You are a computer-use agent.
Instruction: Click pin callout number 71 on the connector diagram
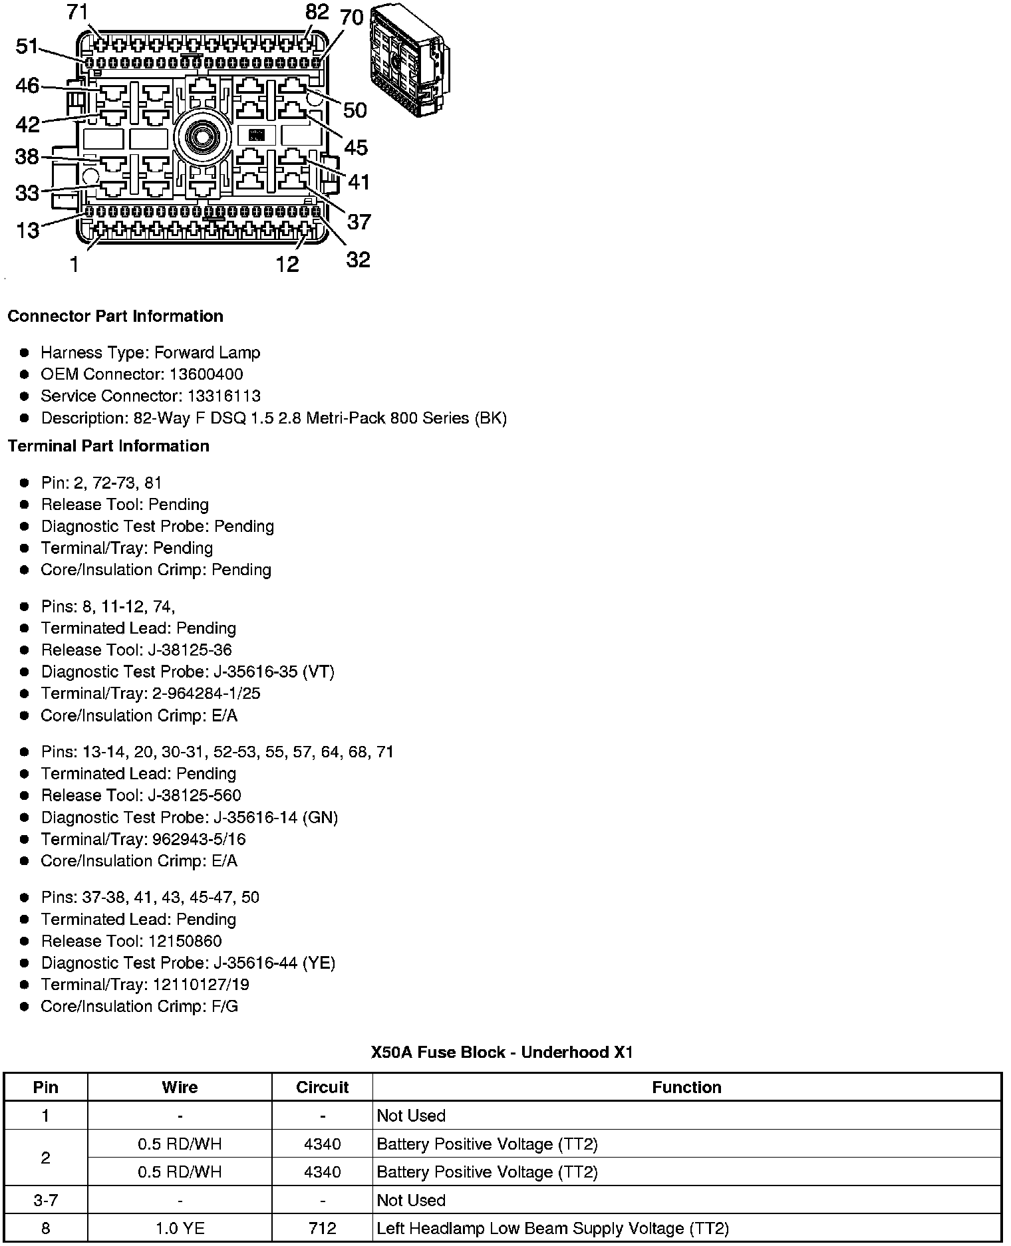[78, 12]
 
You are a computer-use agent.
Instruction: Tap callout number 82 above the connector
[317, 12]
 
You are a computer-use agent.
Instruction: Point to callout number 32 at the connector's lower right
[358, 259]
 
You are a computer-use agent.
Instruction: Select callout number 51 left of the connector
[27, 47]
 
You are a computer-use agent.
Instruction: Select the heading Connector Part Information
[115, 316]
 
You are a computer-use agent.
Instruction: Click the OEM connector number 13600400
[206, 374]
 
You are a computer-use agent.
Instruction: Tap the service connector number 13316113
[223, 396]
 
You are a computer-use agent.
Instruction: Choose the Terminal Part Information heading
[108, 446]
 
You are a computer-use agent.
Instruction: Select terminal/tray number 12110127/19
[201, 985]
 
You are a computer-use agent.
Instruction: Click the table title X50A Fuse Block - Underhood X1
[502, 1053]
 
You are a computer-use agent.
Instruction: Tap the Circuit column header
[322, 1087]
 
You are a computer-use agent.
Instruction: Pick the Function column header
[686, 1087]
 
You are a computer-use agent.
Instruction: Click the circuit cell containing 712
[322, 1229]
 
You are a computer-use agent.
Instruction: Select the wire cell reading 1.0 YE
[180, 1229]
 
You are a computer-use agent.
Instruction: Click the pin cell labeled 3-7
[45, 1200]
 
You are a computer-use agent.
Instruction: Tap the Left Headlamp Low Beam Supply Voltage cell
[552, 1229]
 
